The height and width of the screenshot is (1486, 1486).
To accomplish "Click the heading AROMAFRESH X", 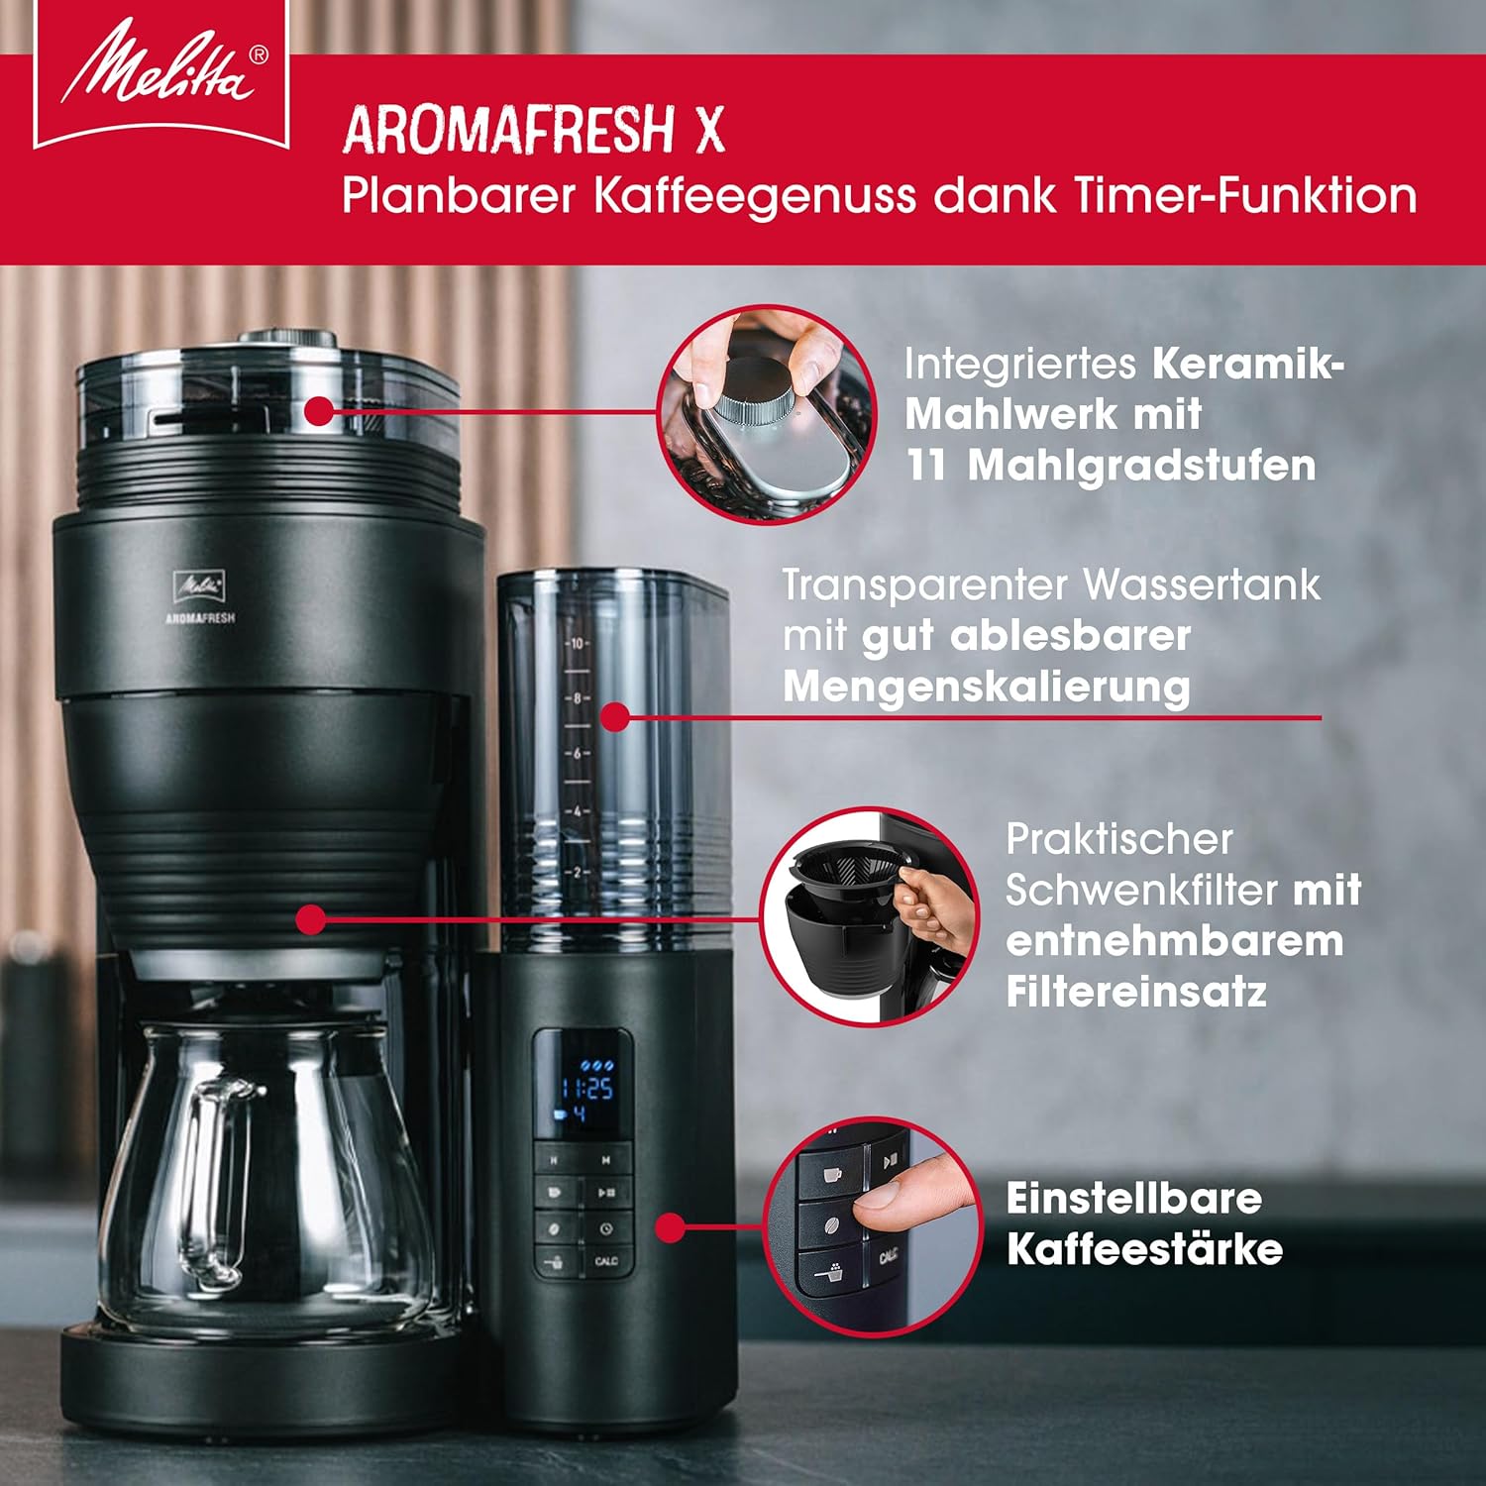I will point(534,130).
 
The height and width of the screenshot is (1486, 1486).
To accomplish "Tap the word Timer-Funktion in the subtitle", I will point(1245,195).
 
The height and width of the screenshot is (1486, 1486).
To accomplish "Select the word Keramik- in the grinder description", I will point(1248,364).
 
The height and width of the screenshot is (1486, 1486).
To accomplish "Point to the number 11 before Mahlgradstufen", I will point(927,465).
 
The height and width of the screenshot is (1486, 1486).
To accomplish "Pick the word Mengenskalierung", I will point(987,687).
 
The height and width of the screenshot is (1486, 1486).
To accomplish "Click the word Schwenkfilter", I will point(1141,890).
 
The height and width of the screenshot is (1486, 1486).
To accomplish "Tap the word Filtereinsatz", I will point(1136,992).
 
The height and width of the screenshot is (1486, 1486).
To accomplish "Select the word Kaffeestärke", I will point(1144,1249).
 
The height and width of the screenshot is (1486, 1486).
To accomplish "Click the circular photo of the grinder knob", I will point(767,413).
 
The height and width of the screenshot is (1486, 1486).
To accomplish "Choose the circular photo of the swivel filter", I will point(870,915).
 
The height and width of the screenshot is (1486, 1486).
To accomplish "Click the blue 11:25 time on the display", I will point(587,1089).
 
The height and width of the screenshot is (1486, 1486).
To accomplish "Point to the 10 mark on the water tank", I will point(577,644).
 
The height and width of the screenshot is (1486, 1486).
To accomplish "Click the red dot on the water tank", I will point(615,717).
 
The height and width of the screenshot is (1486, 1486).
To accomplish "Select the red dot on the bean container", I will point(318,410).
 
